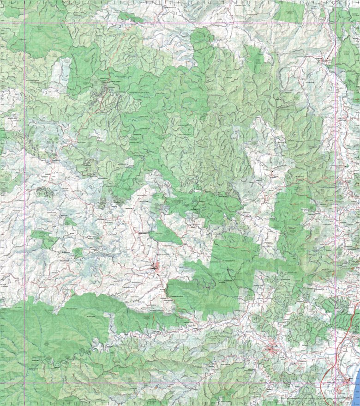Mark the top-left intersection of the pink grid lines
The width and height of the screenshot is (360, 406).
point(24,24)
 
